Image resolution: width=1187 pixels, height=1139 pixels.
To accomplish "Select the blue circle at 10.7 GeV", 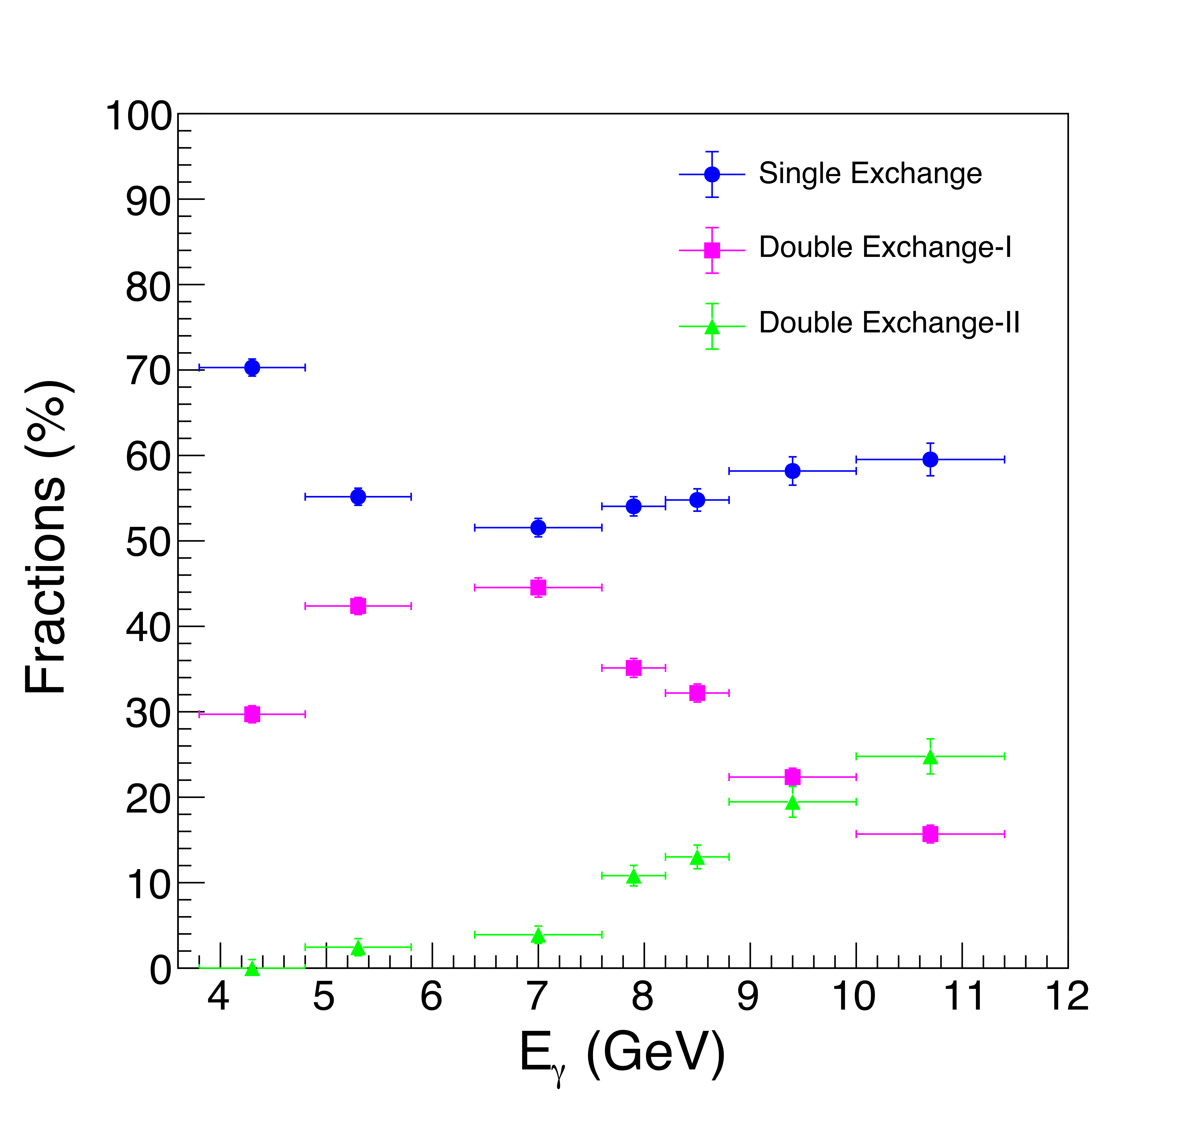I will coord(930,459).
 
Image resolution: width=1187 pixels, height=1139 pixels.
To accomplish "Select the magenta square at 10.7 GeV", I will coord(930,834).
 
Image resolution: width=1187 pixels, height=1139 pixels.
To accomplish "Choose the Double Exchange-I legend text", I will coord(885,247).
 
